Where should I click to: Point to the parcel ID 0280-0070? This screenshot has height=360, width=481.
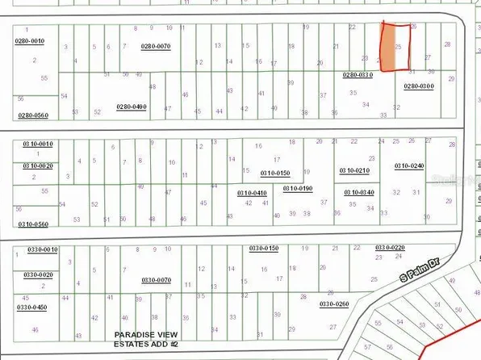tap(156, 47)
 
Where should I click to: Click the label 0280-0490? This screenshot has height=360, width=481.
tap(132, 107)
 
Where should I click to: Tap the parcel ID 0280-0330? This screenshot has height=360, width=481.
tap(358, 75)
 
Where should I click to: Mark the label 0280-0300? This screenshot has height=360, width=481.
tap(419, 86)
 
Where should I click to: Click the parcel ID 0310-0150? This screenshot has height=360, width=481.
tap(275, 173)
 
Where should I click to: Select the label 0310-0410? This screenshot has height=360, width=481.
tap(252, 193)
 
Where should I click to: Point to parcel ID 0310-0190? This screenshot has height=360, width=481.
tap(298, 188)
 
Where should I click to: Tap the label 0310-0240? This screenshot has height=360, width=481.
tap(409, 165)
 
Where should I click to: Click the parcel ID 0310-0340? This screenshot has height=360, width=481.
tap(358, 192)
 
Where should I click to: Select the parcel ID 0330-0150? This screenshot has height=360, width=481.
tap(264, 248)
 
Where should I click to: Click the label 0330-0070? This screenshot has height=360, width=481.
tap(156, 280)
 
